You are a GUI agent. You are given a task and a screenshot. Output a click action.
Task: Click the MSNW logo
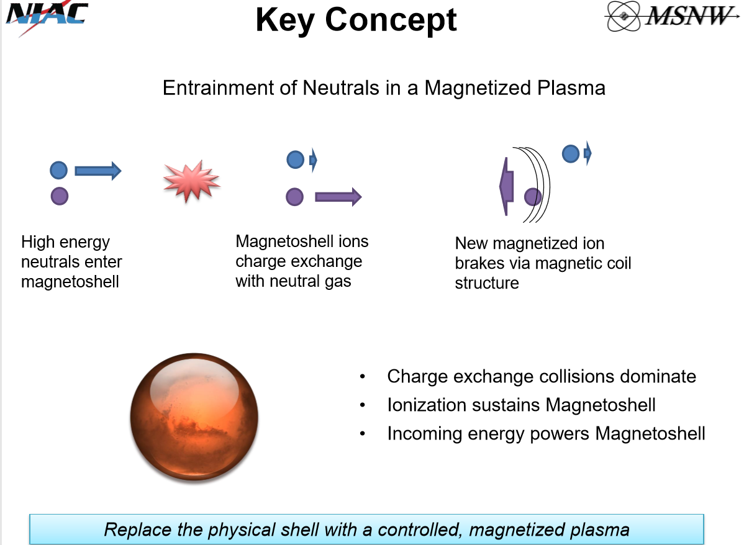point(671,16)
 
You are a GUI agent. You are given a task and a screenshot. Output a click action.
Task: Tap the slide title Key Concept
point(356,21)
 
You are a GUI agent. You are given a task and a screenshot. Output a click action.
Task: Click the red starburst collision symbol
point(191,181)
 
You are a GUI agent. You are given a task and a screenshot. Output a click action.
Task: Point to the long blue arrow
point(98,171)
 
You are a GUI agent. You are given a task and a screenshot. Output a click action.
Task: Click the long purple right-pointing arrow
point(338,197)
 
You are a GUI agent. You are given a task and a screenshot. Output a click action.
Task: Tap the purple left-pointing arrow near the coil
point(507,186)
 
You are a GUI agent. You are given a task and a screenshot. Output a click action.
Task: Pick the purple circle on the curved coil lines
point(533,196)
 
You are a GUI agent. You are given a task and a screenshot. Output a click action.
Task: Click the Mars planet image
point(194,417)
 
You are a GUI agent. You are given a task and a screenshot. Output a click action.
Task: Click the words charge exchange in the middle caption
point(299,261)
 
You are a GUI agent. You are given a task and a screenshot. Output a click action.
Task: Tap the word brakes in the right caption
point(479,263)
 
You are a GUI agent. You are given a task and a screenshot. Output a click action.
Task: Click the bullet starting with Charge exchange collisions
point(542,376)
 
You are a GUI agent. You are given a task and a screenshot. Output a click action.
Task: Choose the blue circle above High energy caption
point(59,170)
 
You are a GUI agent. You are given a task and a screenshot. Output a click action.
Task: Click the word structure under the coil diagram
point(487,283)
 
